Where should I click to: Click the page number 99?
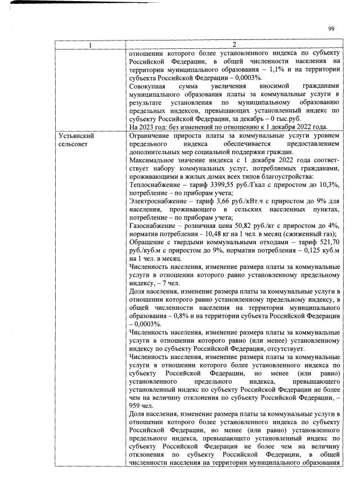point(331,29)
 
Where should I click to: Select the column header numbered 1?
point(91,44)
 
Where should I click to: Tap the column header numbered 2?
point(235,44)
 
